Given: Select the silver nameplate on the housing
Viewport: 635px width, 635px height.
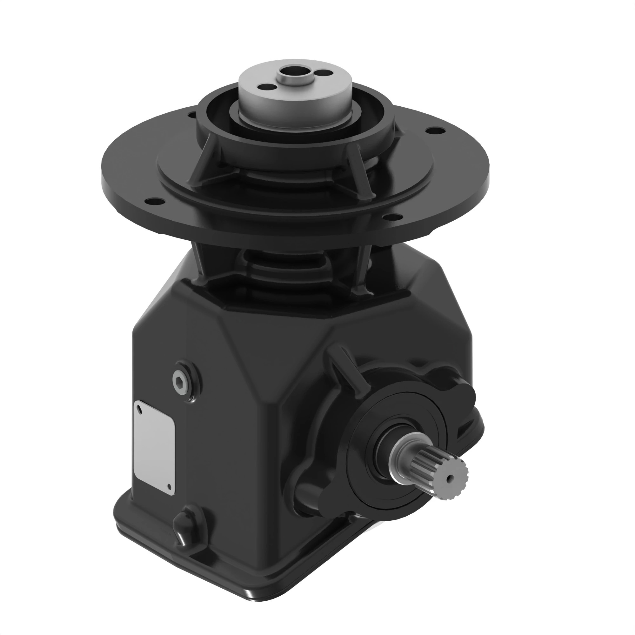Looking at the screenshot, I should (153, 447).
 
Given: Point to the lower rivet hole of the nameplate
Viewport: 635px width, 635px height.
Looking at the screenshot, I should (169, 487).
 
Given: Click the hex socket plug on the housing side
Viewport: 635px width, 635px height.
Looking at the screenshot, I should (181, 382).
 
